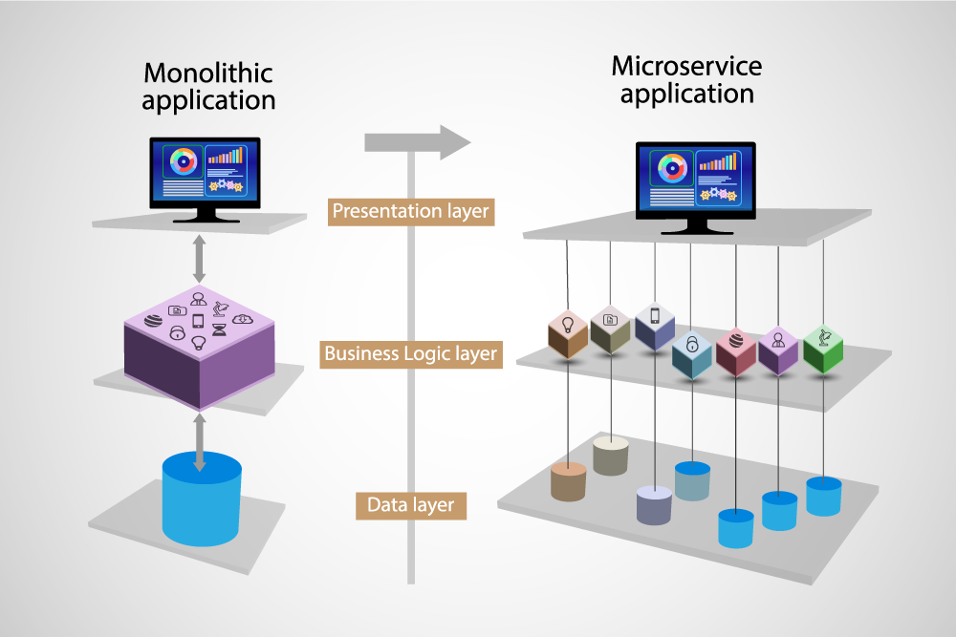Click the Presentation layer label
[410, 211]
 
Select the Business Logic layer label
[411, 353]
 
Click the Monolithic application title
[208, 86]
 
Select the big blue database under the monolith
[202, 499]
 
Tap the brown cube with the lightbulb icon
[567, 333]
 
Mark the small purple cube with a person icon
[778, 350]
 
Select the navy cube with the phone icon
[655, 326]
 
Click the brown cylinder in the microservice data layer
[568, 481]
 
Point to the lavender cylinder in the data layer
[655, 504]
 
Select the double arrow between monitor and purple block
[199, 259]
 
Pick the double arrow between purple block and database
[200, 441]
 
